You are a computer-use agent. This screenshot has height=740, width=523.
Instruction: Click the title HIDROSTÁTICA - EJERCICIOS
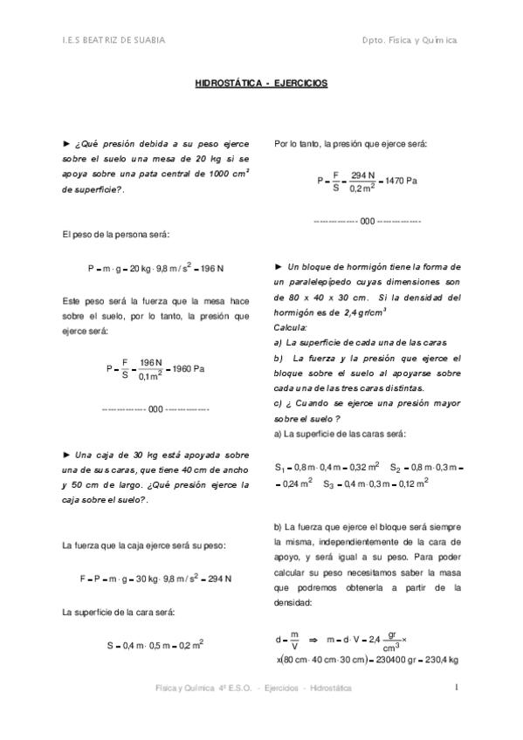point(260,84)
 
